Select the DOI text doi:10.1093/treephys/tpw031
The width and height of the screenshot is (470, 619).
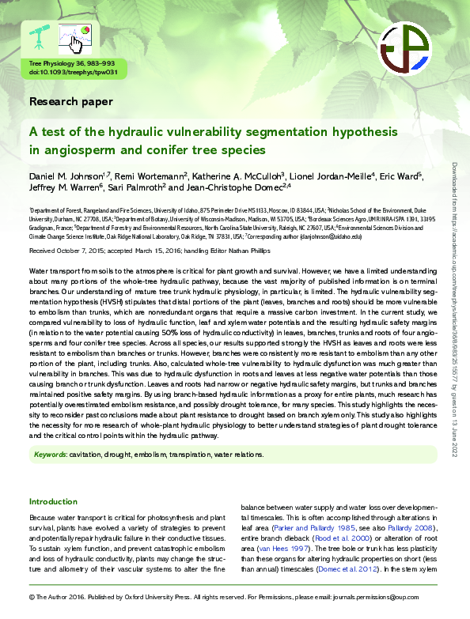click(x=73, y=72)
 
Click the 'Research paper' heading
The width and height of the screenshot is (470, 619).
click(x=71, y=101)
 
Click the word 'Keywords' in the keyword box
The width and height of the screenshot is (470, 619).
click(x=50, y=455)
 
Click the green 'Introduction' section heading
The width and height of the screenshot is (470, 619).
click(x=53, y=502)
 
